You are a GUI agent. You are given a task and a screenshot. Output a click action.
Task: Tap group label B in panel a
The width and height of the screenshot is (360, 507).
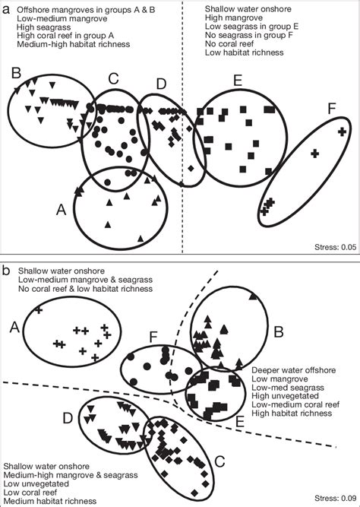click(x=14, y=73)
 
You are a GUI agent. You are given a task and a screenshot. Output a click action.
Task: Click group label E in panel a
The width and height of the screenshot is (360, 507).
click(x=238, y=79)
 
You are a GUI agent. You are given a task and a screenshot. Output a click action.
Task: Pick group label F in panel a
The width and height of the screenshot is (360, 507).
click(x=331, y=110)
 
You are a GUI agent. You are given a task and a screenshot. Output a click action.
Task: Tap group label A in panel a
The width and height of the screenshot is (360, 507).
click(x=62, y=207)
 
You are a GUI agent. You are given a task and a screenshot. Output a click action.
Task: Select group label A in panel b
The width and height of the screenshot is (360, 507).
click(x=13, y=326)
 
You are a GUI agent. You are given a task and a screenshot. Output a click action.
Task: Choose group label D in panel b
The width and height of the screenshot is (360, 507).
click(x=68, y=417)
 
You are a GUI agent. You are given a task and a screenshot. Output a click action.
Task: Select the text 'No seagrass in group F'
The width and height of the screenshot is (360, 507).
click(x=248, y=35)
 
